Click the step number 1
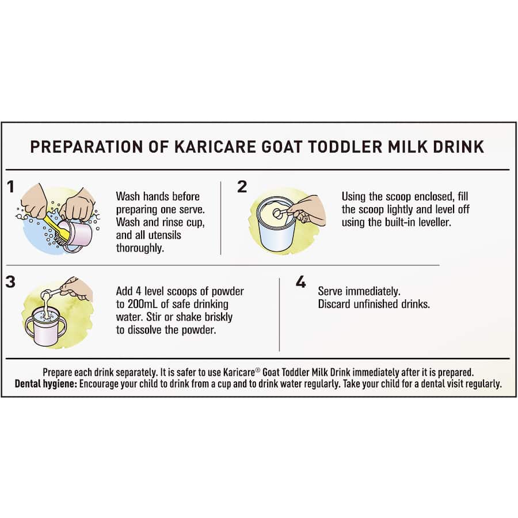pos(10,186)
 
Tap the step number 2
pos(242,186)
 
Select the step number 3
pos(11,281)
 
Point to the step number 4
pos(300,282)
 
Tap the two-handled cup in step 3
pos(46,327)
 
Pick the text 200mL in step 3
pos(147,304)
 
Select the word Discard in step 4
pos(334,304)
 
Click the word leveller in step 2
pos(450,222)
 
